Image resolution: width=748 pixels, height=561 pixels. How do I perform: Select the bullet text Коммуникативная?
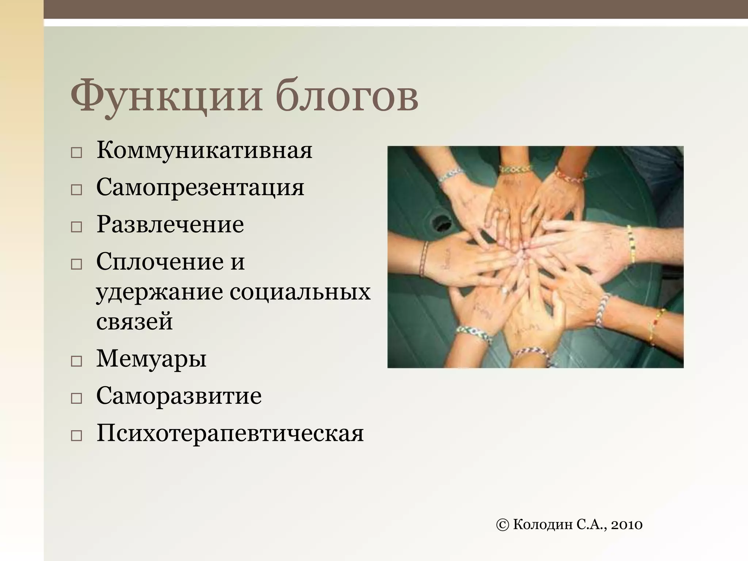click(204, 150)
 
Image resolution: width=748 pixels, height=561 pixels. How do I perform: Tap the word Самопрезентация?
click(200, 187)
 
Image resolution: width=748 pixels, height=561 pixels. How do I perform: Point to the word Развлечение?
click(170, 225)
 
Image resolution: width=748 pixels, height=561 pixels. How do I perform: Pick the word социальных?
click(300, 292)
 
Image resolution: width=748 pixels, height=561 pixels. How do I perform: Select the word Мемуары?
click(151, 359)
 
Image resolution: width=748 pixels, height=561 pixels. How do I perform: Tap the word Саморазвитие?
click(179, 396)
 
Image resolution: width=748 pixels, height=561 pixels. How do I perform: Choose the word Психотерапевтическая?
click(230, 434)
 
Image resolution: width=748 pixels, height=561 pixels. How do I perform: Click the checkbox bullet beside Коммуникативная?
click(76, 153)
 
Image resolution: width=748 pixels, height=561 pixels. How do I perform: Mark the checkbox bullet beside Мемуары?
click(76, 362)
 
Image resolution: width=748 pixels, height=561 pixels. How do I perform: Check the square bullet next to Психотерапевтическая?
click(76, 436)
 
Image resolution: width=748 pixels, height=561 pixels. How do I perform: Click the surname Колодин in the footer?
click(543, 525)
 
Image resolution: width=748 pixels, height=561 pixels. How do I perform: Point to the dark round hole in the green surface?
click(441, 223)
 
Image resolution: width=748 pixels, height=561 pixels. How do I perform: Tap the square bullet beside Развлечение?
click(76, 227)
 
